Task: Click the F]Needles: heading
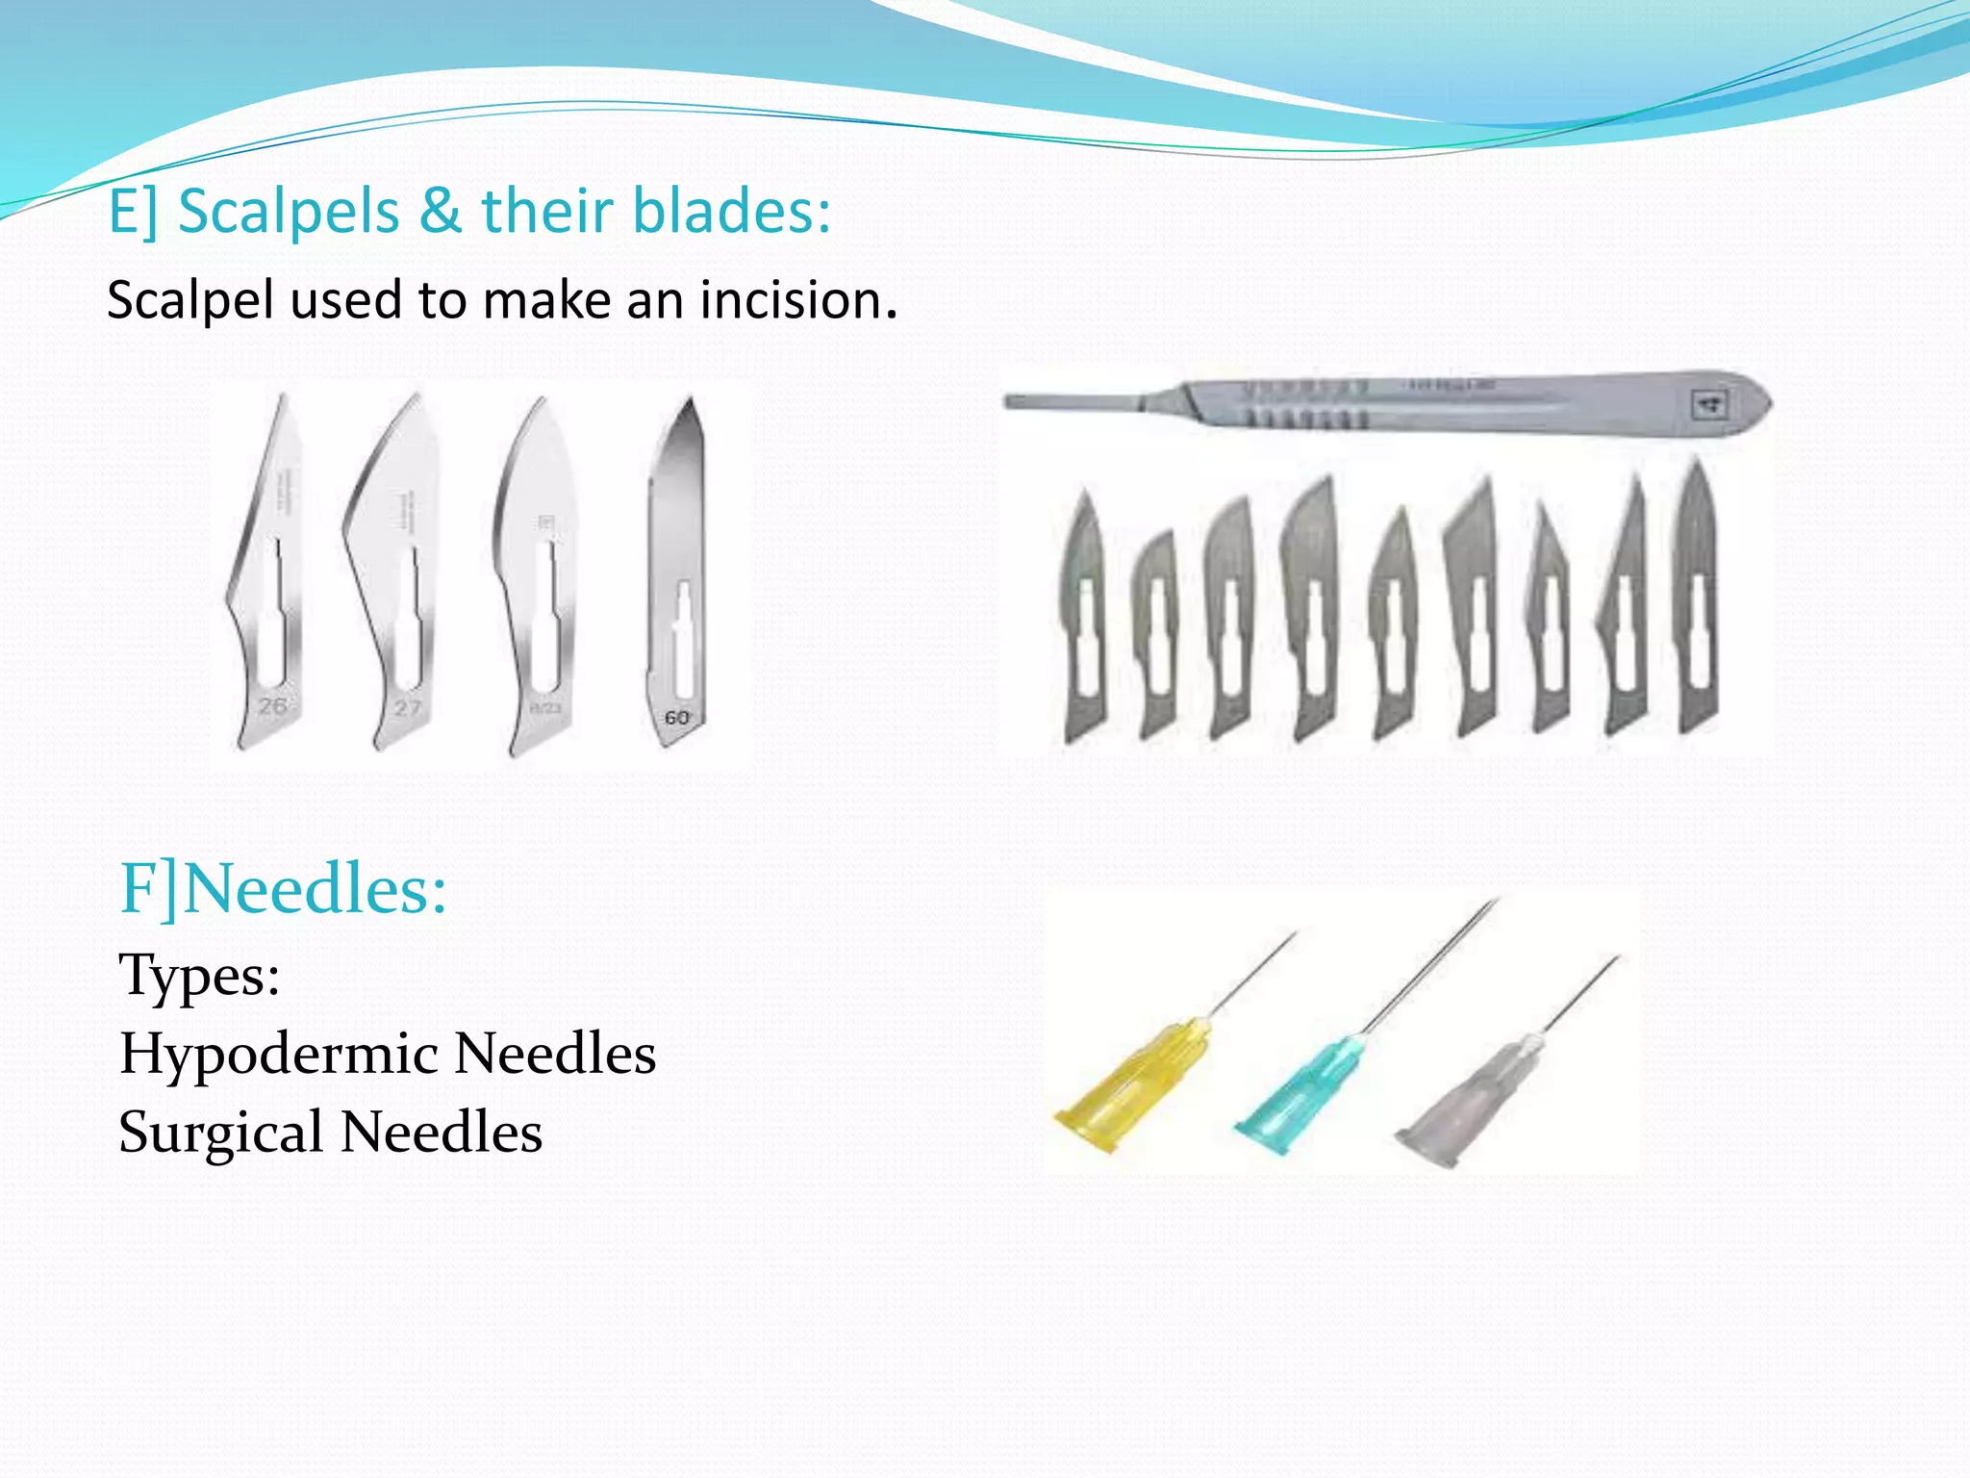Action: (x=283, y=888)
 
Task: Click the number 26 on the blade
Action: (x=272, y=705)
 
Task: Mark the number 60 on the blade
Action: (x=677, y=718)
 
